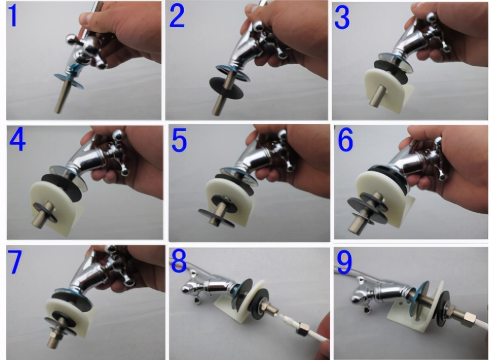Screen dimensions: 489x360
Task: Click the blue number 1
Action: tap(13, 16)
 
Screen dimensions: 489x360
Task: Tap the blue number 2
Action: tap(177, 16)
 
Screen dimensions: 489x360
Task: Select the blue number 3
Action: tap(342, 18)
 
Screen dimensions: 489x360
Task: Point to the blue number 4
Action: tap(17, 140)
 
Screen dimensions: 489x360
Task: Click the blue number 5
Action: tap(179, 141)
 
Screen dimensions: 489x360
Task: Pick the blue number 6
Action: tap(346, 140)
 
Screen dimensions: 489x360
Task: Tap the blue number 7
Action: tap(15, 263)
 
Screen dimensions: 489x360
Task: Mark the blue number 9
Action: tap(345, 263)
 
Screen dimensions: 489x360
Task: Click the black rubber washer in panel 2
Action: tap(226, 88)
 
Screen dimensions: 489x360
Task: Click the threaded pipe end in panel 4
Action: tap(40, 216)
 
